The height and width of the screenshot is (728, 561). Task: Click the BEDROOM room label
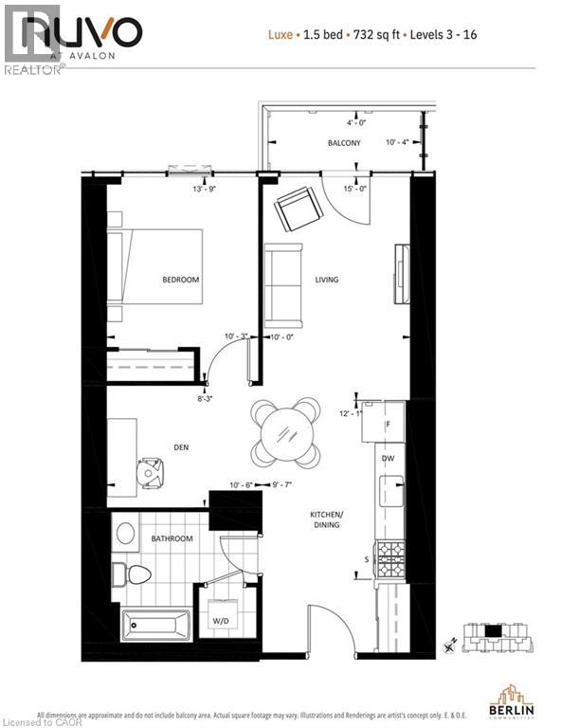pyautogui.click(x=180, y=280)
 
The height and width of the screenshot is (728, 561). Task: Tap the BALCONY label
pyautogui.click(x=344, y=143)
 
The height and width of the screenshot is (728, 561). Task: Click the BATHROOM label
pyautogui.click(x=172, y=538)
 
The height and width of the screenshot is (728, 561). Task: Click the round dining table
pyautogui.click(x=285, y=432)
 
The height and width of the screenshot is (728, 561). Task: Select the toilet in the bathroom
pyautogui.click(x=134, y=573)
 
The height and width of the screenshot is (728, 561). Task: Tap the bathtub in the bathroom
pyautogui.click(x=155, y=625)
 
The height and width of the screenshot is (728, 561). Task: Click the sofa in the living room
pyautogui.click(x=283, y=284)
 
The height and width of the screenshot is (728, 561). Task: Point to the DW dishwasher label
pyautogui.click(x=388, y=458)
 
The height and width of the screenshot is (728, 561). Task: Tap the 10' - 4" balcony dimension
pyautogui.click(x=399, y=143)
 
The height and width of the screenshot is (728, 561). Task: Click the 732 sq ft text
pyautogui.click(x=375, y=35)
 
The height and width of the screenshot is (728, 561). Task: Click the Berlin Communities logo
pyautogui.click(x=513, y=697)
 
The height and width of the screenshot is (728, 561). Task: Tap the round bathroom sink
pyautogui.click(x=125, y=533)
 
